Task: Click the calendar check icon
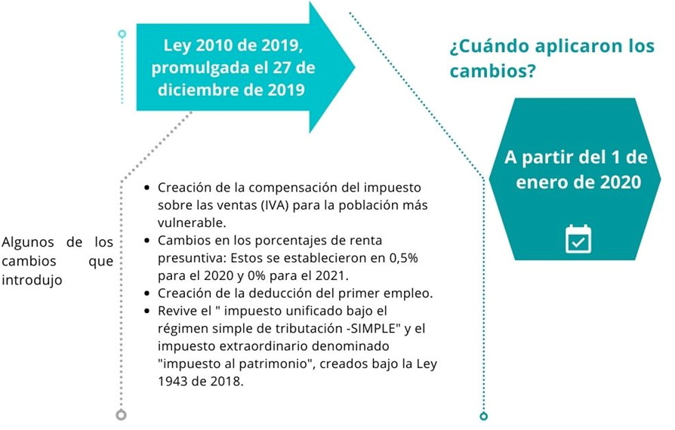[578, 238]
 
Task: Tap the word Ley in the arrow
[179, 47]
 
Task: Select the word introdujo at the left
[31, 280]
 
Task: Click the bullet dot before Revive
[146, 310]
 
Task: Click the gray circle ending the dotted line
[121, 415]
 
